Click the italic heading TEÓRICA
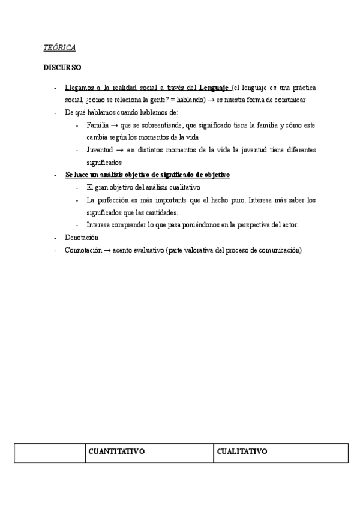coord(59,48)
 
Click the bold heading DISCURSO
coord(62,68)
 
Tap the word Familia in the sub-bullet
coord(98,125)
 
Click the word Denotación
coord(82,238)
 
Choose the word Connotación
coord(83,250)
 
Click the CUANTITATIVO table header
coord(116,452)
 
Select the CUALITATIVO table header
coord(242,452)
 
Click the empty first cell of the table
coord(50,453)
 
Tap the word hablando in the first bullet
coord(189,100)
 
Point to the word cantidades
coord(161,212)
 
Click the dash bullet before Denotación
coord(55,238)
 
